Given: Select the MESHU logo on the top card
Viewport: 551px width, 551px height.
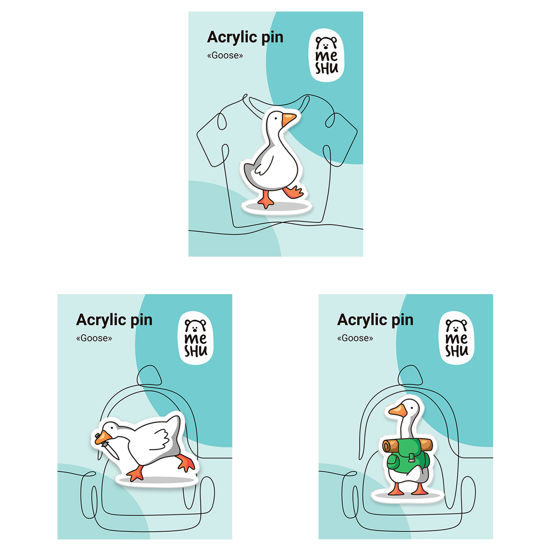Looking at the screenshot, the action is [326, 55].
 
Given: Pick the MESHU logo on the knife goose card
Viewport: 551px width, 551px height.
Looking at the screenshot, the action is [196, 337].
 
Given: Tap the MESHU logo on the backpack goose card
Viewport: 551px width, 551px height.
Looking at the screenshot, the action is [456, 337].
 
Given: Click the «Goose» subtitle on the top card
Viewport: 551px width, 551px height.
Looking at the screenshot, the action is [225, 55].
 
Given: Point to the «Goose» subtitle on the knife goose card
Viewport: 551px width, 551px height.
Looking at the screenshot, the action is [94, 338].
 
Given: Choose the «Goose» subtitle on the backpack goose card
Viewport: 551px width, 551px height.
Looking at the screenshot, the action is [355, 338].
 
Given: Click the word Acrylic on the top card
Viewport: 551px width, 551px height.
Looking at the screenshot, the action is [232, 38].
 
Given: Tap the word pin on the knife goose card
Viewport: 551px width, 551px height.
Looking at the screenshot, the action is [141, 320].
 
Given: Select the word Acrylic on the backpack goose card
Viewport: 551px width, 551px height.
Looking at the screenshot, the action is [363, 320].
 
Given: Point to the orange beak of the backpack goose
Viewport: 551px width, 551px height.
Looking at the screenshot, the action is [398, 411].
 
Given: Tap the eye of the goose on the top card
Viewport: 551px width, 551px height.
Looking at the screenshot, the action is [276, 118].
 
